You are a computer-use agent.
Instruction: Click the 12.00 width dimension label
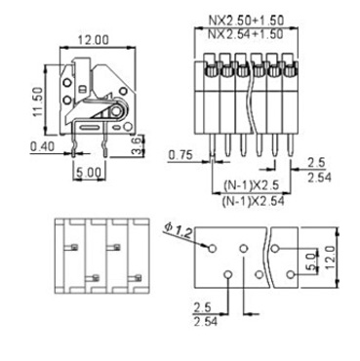click(x=93, y=40)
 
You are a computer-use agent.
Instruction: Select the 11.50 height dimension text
click(x=37, y=101)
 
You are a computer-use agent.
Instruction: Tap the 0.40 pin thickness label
click(x=43, y=147)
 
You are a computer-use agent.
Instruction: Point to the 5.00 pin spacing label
click(x=89, y=173)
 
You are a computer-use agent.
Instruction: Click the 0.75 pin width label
click(x=180, y=155)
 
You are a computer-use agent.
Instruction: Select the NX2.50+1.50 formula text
click(x=246, y=20)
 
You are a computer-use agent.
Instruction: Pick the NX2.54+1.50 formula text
click(x=246, y=34)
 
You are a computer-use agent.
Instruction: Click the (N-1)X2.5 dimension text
click(x=251, y=185)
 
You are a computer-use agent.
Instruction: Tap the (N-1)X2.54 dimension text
click(x=253, y=201)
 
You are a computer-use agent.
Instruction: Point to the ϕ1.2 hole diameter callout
click(x=179, y=230)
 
